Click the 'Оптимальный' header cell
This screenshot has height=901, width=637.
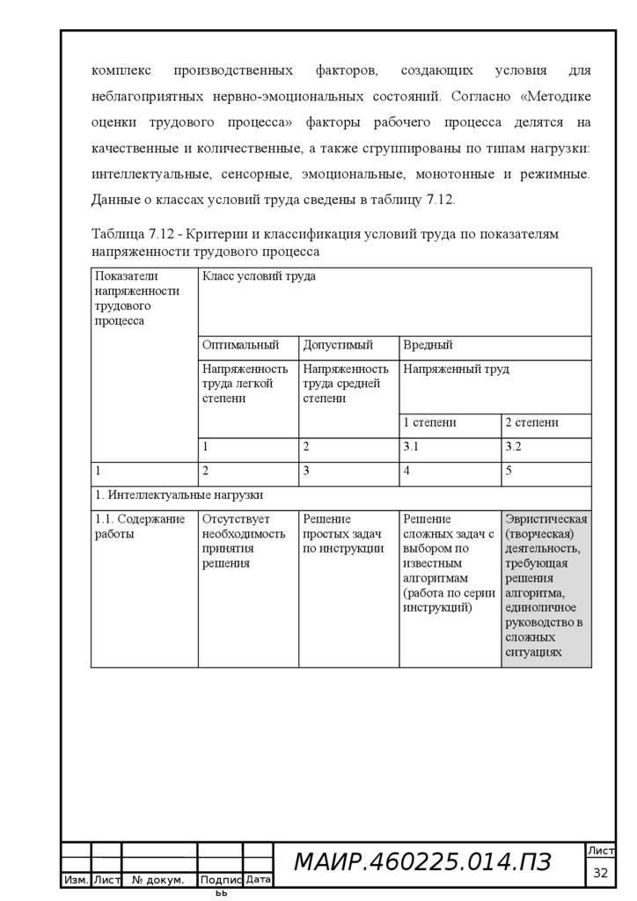240,345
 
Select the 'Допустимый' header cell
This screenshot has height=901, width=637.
338,345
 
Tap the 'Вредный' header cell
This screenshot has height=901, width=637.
428,345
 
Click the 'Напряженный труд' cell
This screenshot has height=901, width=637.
456,370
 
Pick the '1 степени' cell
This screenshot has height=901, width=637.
429,422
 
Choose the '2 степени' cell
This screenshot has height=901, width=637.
531,422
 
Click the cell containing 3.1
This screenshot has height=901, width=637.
412,446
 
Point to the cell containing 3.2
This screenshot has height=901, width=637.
513,446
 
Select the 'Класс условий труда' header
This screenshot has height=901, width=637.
259,276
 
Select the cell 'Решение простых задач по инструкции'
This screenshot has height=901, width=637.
343,533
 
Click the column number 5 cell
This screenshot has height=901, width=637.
509,471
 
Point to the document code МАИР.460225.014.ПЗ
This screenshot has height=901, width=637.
422,863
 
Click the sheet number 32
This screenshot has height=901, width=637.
601,873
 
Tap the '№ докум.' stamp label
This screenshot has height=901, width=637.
158,880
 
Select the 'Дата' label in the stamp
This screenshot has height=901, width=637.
258,879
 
